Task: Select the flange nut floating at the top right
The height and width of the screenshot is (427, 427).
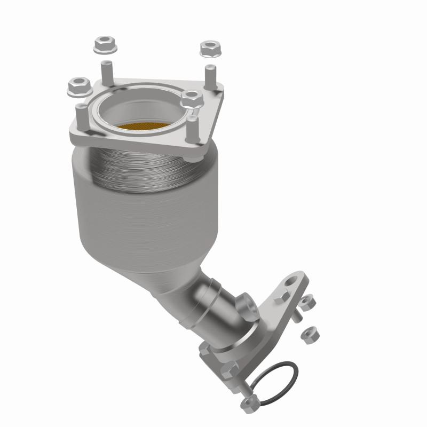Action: coord(209,49)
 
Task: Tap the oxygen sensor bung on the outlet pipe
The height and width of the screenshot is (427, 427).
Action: coord(250,305)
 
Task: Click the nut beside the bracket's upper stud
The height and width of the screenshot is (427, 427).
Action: coord(306,303)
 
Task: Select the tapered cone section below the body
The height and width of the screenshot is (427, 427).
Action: coord(160,267)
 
